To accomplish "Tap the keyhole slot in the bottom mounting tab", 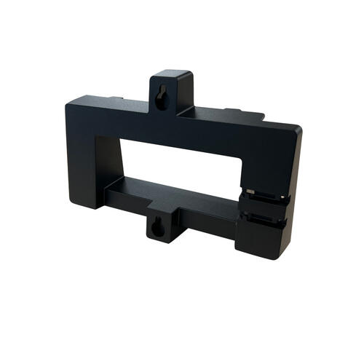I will tap(156, 228).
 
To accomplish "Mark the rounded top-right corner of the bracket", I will tap(296, 131).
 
